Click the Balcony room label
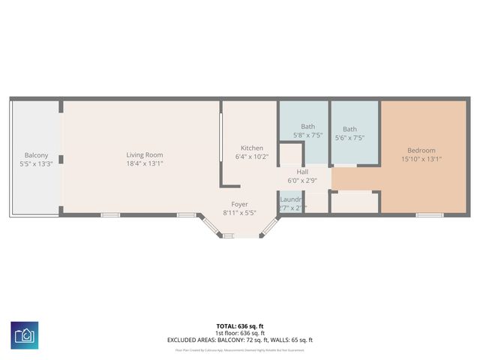pos(36,155)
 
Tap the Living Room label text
pos(144,155)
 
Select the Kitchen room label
pos(251,148)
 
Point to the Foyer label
pos(239,204)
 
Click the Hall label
pos(302,172)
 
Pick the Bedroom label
pos(421,151)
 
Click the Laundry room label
pos(292,199)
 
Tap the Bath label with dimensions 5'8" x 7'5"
pos(307,127)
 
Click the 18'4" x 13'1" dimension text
pos(144,163)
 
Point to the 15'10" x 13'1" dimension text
pos(421,159)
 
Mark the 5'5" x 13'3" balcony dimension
pos(36,163)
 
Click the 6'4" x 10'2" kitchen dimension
pos(251,157)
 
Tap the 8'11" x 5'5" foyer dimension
pos(239,213)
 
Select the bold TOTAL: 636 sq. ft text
pos(239,326)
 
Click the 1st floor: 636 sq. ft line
pos(239,333)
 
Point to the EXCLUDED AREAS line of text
pos(239,340)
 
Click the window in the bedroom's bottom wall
pos(430,215)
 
